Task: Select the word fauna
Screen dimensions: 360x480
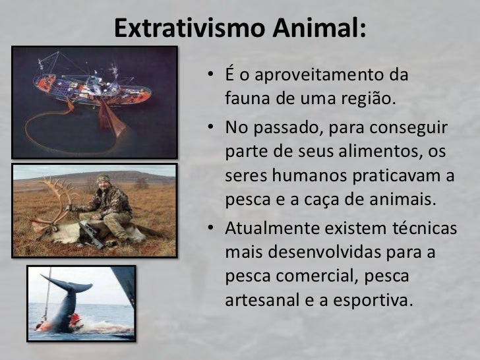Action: click(x=245, y=101)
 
